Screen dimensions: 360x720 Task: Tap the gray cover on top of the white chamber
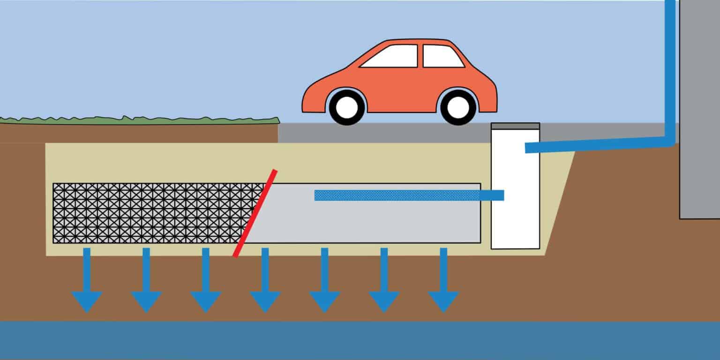click(515, 126)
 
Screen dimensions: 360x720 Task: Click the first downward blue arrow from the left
click(87, 286)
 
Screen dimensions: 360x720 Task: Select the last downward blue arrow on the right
click(443, 286)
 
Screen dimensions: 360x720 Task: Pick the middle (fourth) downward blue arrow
click(265, 286)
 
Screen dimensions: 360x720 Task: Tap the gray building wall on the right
click(699, 117)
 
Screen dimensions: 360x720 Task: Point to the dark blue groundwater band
click(360, 341)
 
